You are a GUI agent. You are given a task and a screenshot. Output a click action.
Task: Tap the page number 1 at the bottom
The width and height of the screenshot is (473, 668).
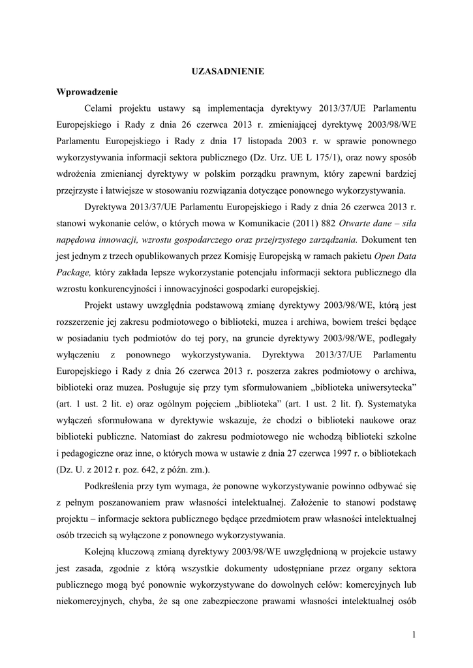point(414,634)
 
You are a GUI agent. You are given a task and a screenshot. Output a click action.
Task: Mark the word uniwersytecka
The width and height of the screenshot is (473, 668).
point(386,390)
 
